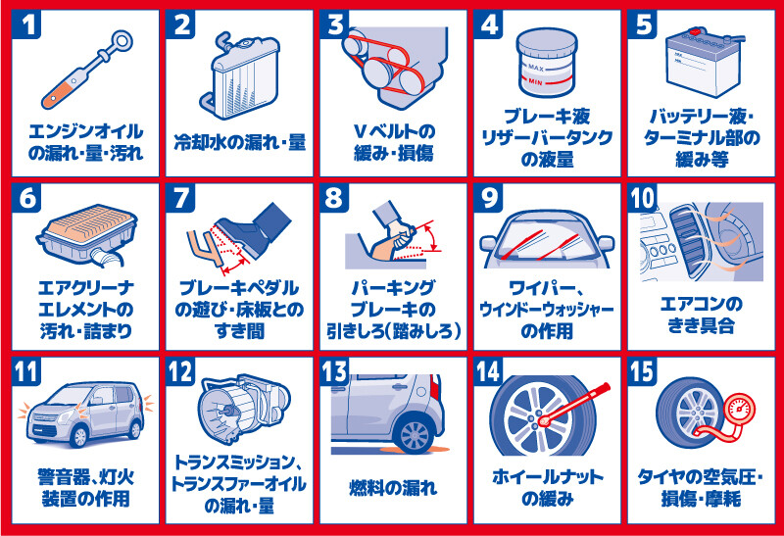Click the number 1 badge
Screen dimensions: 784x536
[x=26, y=24]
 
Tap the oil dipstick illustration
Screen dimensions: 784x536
[x=86, y=69]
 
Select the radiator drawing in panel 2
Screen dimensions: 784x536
[x=244, y=75]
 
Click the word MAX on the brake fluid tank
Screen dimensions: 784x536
[x=535, y=68]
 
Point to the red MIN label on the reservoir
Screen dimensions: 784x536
[x=535, y=81]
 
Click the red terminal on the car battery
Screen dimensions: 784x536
[x=695, y=32]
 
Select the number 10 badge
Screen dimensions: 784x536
[x=643, y=198]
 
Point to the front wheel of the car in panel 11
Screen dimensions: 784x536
[x=79, y=437]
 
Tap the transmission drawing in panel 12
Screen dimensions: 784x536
[x=244, y=409]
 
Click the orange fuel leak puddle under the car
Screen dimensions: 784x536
[x=421, y=451]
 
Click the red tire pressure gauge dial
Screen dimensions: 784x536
[x=739, y=410]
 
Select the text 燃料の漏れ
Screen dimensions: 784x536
[x=393, y=488]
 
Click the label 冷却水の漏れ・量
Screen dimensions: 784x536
[x=239, y=142]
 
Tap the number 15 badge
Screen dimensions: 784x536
[x=643, y=371]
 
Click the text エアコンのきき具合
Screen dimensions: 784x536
[x=701, y=315]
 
